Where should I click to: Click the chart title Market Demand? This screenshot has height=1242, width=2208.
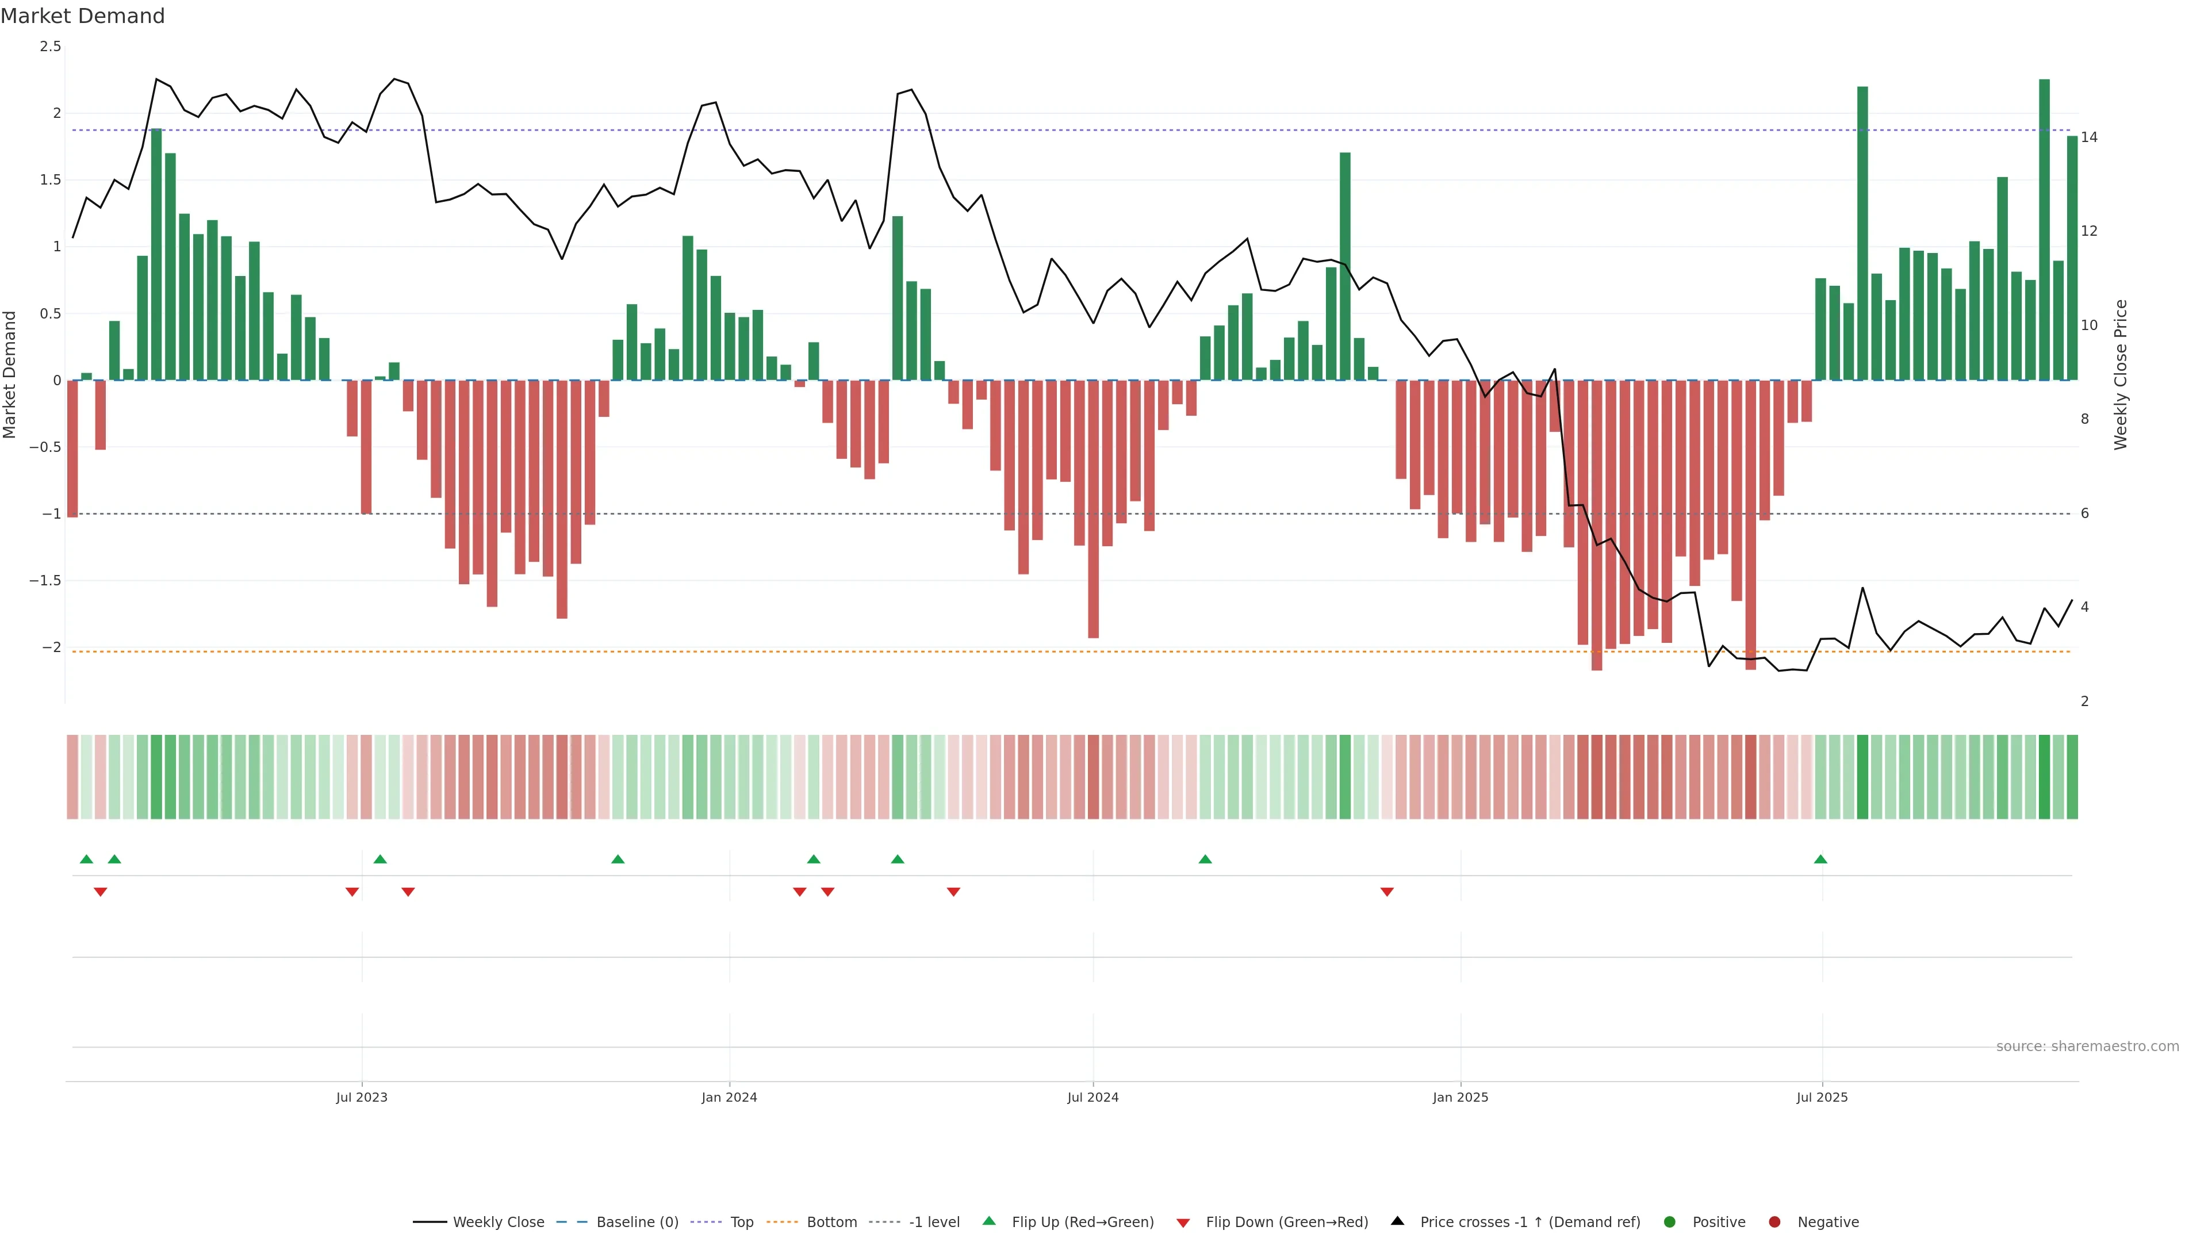tap(82, 16)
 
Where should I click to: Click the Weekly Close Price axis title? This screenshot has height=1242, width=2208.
tap(2121, 374)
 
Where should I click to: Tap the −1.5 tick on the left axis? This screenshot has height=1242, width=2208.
tap(45, 580)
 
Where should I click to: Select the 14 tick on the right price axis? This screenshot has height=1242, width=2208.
tap(2089, 137)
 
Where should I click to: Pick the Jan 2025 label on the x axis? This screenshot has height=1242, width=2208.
tap(1460, 1097)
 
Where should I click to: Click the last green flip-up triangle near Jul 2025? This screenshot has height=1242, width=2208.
tap(1820, 859)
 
